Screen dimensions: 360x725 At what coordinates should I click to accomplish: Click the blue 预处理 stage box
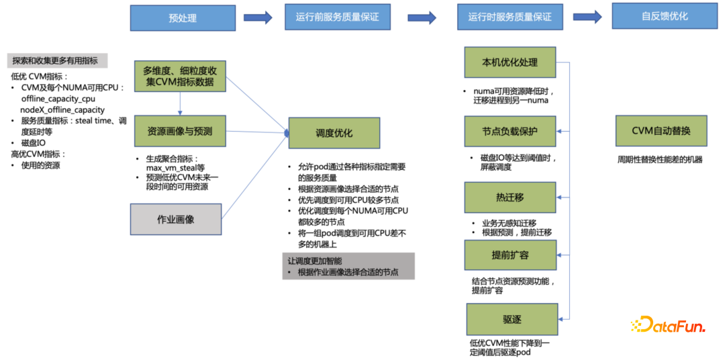coord(183,17)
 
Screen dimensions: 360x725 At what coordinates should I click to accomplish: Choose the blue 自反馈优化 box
coord(665,16)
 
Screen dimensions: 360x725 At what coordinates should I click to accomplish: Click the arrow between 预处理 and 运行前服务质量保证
coord(257,17)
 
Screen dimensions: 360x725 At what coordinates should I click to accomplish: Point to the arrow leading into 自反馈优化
coord(587,17)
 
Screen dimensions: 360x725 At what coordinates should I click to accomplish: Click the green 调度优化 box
coord(334,133)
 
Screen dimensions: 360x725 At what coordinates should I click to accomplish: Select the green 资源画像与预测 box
coord(179,132)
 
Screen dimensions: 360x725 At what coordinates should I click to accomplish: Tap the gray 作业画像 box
coord(175,219)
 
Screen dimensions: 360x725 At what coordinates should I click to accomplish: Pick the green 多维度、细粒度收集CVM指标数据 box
coord(179,76)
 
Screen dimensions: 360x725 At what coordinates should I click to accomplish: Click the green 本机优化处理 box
coord(510,62)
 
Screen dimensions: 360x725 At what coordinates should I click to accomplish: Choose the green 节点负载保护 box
coord(510,130)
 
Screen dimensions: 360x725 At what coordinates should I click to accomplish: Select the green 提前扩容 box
coord(510,255)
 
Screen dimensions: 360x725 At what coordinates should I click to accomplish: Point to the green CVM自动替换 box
coord(661,131)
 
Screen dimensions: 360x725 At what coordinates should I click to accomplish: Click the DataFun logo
coord(668,326)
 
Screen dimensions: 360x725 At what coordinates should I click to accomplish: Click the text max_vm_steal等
coord(175,167)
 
